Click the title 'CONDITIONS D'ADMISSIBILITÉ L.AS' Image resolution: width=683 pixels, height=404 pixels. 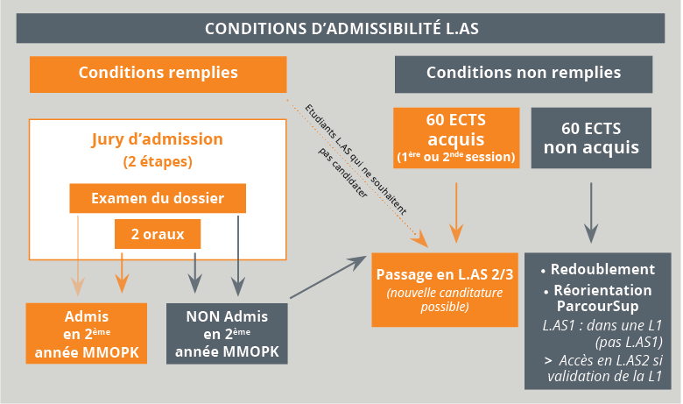[341, 27]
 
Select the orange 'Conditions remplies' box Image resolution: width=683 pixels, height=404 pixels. [158, 74]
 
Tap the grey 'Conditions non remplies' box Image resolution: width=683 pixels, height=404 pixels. [524, 74]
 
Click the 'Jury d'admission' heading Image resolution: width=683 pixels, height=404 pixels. [158, 139]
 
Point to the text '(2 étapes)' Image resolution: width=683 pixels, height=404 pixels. [158, 162]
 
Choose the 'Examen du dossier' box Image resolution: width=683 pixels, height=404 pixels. [158, 198]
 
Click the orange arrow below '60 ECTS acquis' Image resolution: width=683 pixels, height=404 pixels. [455, 210]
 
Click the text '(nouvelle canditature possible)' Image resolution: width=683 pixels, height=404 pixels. [444, 300]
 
